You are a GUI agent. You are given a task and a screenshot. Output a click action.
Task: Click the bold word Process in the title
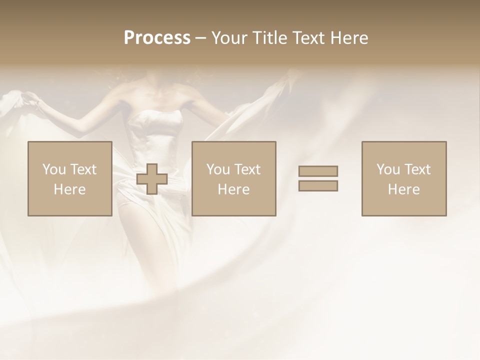pyautogui.click(x=157, y=38)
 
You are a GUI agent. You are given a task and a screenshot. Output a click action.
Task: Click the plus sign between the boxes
pyautogui.click(x=152, y=178)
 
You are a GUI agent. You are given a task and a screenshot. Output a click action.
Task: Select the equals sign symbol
pyautogui.click(x=318, y=178)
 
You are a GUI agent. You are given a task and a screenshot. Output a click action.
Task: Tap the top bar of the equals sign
pyautogui.click(x=318, y=171)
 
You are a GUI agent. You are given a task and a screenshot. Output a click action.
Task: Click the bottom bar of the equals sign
pyautogui.click(x=318, y=185)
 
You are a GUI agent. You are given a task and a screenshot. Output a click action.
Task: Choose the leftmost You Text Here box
pyautogui.click(x=70, y=178)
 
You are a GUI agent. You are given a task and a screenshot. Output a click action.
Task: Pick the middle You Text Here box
pyautogui.click(x=234, y=178)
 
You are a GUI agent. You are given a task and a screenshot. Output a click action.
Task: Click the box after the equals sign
pyautogui.click(x=404, y=178)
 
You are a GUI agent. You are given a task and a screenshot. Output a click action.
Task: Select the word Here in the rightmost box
pyautogui.click(x=404, y=189)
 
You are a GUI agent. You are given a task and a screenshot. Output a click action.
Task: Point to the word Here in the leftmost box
pyautogui.click(x=70, y=189)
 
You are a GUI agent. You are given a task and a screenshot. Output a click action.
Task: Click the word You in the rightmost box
pyautogui.click(x=388, y=169)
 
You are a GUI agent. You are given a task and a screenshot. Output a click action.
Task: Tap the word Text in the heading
pyautogui.click(x=306, y=38)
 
